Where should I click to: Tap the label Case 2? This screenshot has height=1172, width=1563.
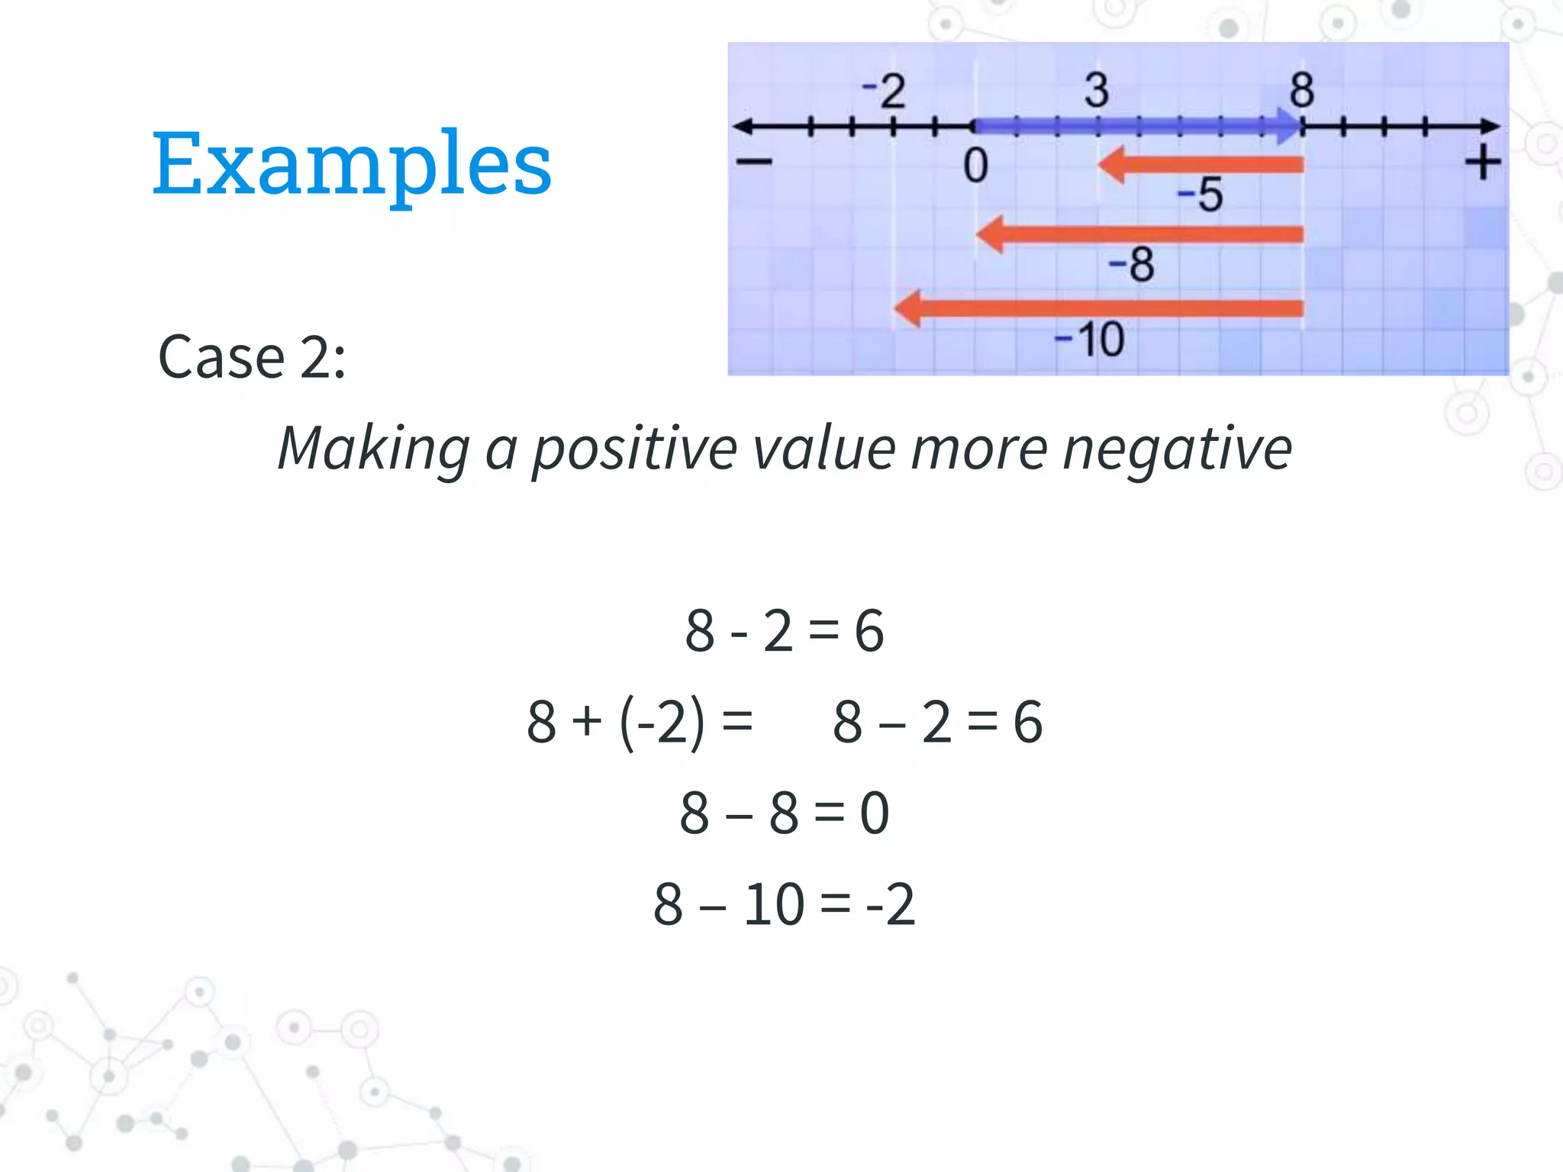(x=252, y=356)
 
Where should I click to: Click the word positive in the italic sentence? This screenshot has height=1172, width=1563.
(x=633, y=449)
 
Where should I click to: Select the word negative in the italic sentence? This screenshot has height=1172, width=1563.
(x=1177, y=449)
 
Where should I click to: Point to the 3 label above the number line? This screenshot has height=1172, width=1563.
(x=1097, y=90)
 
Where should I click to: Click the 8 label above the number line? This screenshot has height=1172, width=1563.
(x=1302, y=90)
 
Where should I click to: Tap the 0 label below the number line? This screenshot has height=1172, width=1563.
(x=975, y=166)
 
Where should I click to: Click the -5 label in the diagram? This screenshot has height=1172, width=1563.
(x=1200, y=195)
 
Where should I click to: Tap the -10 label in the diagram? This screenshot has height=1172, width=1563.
(x=1089, y=340)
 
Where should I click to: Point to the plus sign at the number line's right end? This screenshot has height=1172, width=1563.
(x=1482, y=163)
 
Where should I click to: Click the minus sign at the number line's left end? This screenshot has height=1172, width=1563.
(x=754, y=161)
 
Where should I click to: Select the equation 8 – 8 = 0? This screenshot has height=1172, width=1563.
(x=784, y=813)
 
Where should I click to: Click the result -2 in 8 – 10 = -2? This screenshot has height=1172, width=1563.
(x=890, y=904)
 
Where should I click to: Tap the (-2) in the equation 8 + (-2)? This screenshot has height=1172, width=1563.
(x=662, y=722)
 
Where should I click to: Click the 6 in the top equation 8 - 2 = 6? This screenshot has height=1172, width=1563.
(x=869, y=631)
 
